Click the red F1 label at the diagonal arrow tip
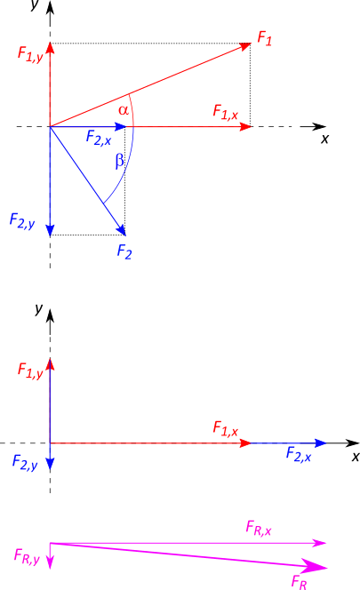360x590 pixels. coord(264,39)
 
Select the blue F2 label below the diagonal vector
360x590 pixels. coord(124,251)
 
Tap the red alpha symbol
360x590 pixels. coord(124,110)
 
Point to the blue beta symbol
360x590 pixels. coord(119,161)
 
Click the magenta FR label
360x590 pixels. coord(299,582)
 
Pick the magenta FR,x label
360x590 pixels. coord(259,528)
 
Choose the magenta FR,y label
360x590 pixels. coord(27,556)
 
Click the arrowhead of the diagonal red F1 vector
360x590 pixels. coord(245,46)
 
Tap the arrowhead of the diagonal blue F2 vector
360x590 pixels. coord(121,230)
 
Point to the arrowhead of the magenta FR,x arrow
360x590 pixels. coord(320,543)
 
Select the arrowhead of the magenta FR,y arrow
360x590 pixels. coord(50,562)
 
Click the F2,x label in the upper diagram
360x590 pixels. coord(99,138)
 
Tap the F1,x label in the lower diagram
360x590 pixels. coord(226,429)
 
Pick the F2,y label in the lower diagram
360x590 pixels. coord(25,462)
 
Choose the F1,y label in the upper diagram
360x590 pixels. coord(30,54)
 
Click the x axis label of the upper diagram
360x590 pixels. coord(324,140)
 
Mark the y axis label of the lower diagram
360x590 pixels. coord(39,309)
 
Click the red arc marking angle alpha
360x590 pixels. coord(132,110)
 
